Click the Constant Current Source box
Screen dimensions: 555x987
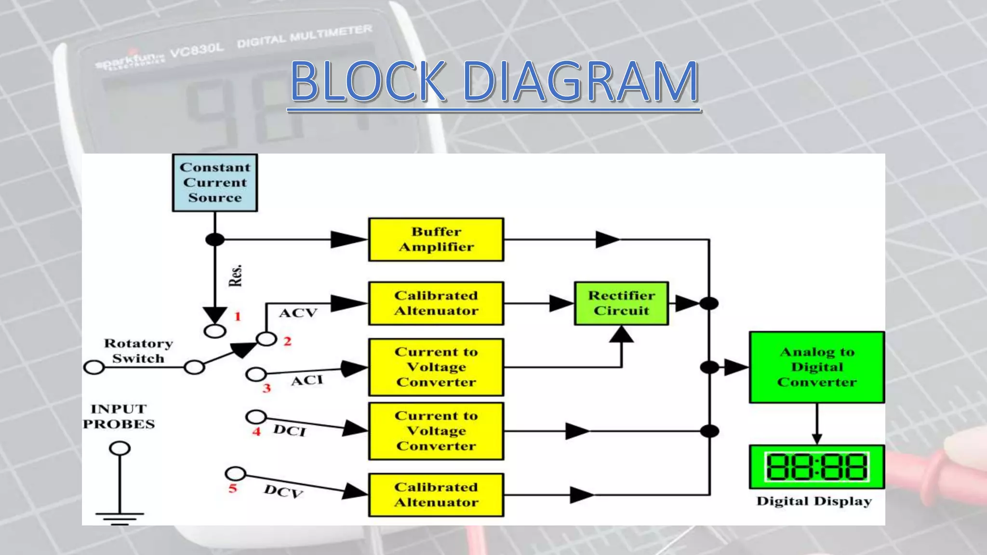point(215,183)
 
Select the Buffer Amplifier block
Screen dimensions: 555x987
point(436,239)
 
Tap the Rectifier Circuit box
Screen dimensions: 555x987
point(621,303)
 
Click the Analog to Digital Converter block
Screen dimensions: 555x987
point(817,367)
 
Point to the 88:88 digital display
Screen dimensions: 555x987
point(817,467)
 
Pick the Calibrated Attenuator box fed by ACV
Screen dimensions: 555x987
point(436,303)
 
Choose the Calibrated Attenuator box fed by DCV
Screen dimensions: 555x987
point(436,495)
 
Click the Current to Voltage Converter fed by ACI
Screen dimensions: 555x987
point(436,367)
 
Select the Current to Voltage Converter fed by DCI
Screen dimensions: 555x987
point(436,431)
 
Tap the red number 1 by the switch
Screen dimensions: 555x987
point(237,317)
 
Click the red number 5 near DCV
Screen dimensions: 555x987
point(233,489)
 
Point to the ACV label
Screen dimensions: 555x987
point(298,313)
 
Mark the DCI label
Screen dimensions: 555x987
point(289,430)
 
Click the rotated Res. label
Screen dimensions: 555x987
point(235,276)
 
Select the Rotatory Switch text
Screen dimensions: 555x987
point(138,351)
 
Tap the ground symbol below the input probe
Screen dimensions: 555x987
point(120,518)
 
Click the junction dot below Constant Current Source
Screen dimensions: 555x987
point(215,239)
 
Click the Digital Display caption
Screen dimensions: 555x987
point(814,502)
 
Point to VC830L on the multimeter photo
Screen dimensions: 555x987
point(197,50)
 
